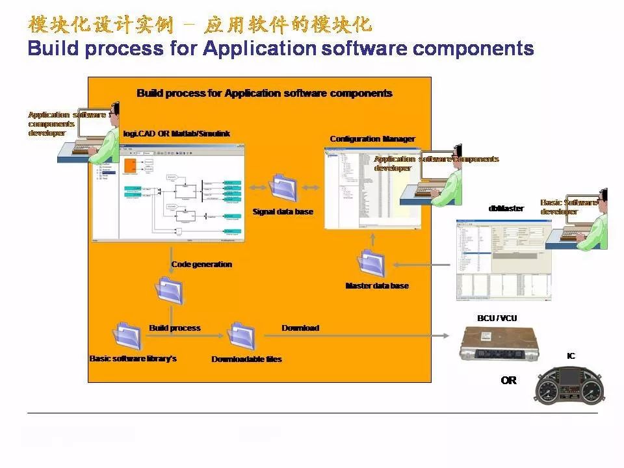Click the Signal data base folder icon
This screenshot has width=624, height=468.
[283, 187]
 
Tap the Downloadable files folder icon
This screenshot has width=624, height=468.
[241, 336]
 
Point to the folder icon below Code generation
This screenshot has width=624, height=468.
[169, 291]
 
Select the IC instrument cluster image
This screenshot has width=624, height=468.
[571, 389]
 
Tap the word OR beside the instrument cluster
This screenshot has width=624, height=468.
[508, 380]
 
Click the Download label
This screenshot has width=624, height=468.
[300, 328]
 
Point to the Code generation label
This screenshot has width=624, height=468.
[201, 265]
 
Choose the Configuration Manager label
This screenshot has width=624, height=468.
[372, 139]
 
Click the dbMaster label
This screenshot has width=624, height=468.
[506, 209]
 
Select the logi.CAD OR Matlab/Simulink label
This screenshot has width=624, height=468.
[176, 134]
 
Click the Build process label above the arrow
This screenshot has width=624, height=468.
[175, 328]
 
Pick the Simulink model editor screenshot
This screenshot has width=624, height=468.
[168, 193]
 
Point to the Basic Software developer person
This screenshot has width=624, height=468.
[588, 224]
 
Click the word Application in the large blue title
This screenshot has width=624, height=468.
[259, 49]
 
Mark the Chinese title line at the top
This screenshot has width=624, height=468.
[200, 25]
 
